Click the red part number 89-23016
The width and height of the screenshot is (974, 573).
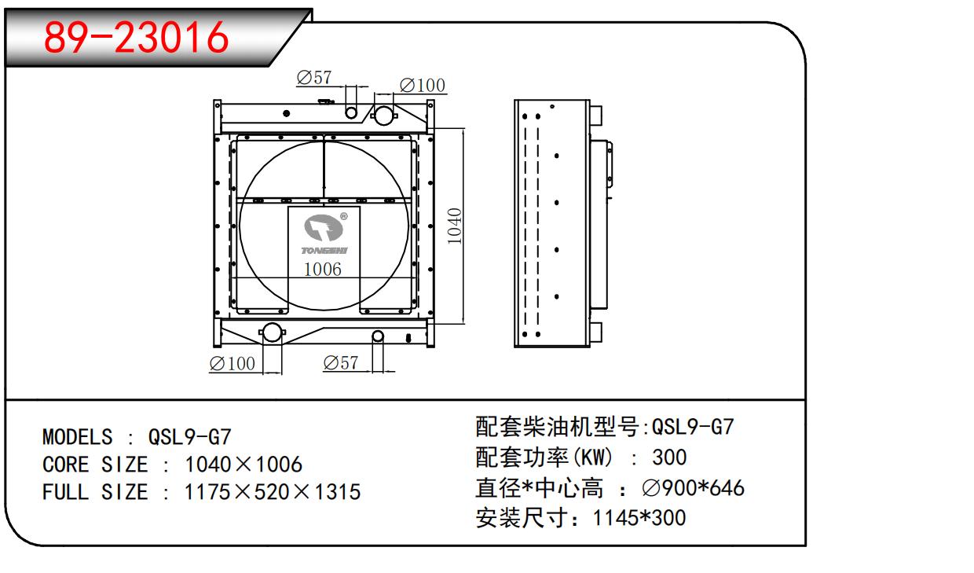click(x=136, y=38)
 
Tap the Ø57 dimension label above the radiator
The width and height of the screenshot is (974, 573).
click(x=314, y=78)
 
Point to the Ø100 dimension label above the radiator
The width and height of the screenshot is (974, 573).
click(x=423, y=85)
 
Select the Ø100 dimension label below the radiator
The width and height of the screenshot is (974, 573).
click(x=233, y=364)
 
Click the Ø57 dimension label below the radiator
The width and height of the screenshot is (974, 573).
click(x=340, y=363)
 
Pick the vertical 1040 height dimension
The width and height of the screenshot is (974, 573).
click(x=454, y=226)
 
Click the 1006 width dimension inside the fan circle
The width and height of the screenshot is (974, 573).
click(x=322, y=270)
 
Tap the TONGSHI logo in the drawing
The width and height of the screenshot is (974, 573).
click(x=324, y=233)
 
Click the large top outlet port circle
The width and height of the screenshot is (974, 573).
click(x=383, y=115)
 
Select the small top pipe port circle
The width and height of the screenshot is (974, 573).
click(x=351, y=113)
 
